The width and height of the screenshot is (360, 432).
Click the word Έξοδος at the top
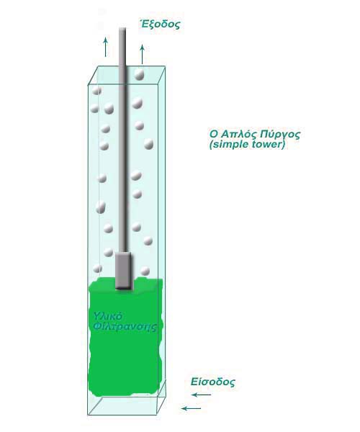tap(160, 24)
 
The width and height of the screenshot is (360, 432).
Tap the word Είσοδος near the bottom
tap(213, 382)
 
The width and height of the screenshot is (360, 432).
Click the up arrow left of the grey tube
tap(105, 48)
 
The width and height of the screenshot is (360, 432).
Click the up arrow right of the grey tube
tap(142, 54)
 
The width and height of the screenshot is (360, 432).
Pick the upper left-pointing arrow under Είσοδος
tap(202, 395)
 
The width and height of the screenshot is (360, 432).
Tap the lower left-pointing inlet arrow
tap(191, 408)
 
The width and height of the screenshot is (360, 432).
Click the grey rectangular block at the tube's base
tap(123, 271)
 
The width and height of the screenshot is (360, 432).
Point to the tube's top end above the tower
tap(122, 28)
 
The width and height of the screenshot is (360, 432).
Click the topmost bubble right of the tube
tap(139, 74)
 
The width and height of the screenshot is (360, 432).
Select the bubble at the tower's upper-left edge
tap(96, 90)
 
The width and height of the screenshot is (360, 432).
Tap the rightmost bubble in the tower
tap(149, 144)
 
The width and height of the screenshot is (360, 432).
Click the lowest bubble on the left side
tap(97, 269)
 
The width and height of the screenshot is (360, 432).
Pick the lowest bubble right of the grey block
tap(145, 271)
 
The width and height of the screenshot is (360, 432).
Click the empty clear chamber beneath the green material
tap(127, 405)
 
